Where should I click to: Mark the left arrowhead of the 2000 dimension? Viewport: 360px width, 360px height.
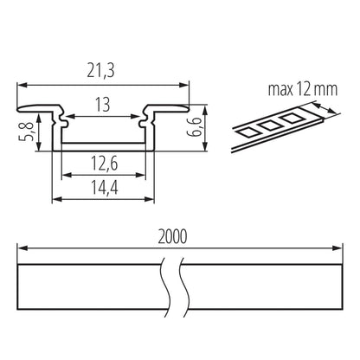click(x=22, y=247)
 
